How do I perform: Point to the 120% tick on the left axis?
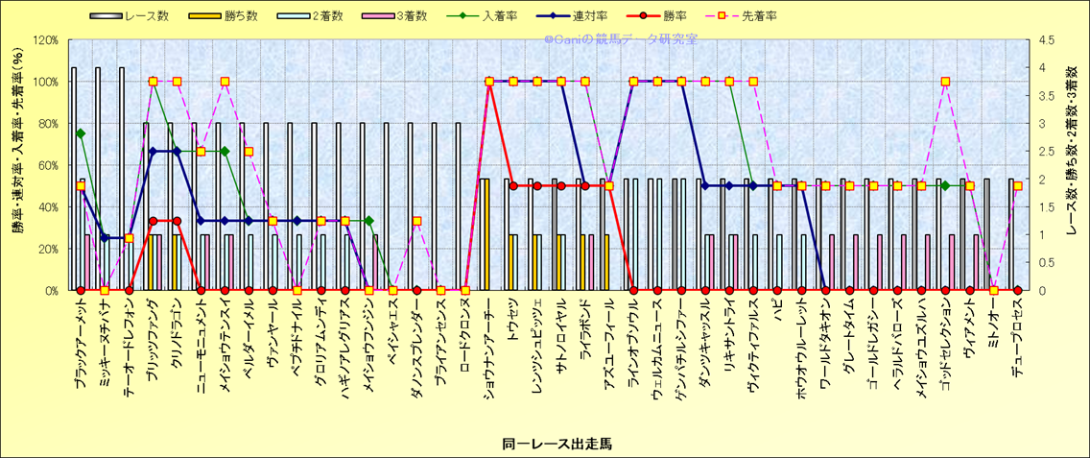pyautogui.click(x=45, y=40)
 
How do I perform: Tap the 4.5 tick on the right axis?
pyautogui.click(x=1041, y=40)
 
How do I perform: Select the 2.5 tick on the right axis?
pyautogui.click(x=1041, y=152)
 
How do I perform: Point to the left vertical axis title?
pyautogui.click(x=18, y=165)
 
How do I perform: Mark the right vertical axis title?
pyautogui.click(x=1072, y=165)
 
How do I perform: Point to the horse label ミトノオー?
pyautogui.click(x=993, y=326)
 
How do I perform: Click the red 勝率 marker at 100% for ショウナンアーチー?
pyautogui.click(x=489, y=82)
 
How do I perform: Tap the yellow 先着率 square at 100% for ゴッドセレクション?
pyautogui.click(x=945, y=82)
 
